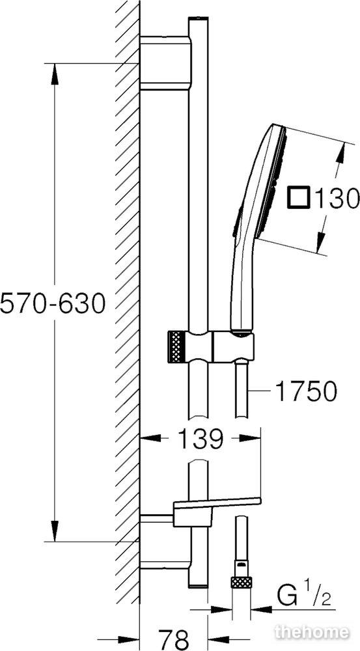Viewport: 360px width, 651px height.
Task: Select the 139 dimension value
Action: tap(201, 438)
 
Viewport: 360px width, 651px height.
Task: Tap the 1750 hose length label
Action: tap(306, 391)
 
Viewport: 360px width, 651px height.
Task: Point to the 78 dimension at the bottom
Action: tap(174, 639)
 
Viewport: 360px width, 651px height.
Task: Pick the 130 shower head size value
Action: tap(337, 198)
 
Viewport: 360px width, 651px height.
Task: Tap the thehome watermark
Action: tap(312, 632)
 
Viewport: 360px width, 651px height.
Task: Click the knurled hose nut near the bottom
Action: tap(242, 581)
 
